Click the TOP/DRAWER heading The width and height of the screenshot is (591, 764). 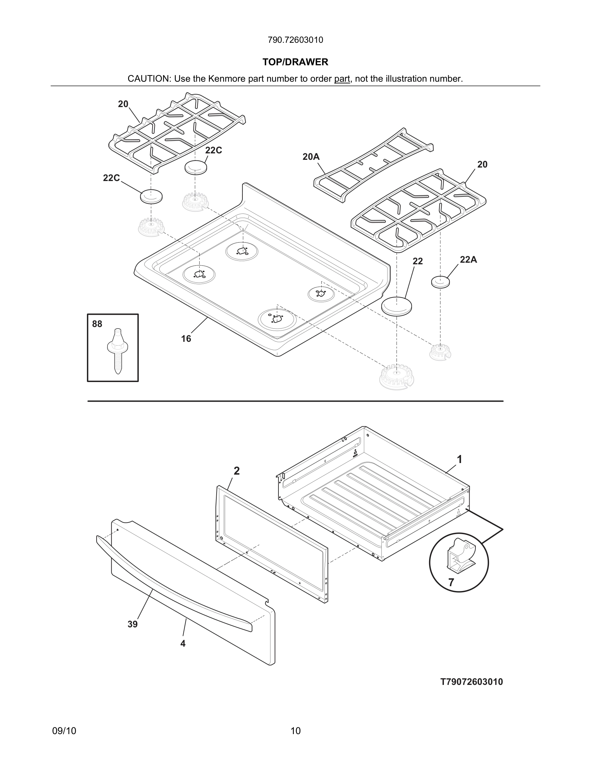click(x=295, y=62)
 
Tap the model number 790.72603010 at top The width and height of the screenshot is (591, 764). click(x=295, y=40)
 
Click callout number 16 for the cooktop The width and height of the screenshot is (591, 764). click(x=186, y=339)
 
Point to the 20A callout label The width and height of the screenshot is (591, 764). click(x=311, y=157)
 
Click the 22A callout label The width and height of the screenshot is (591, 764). click(x=468, y=259)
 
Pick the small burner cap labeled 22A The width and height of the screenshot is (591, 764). click(x=440, y=282)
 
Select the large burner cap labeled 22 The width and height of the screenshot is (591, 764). click(x=396, y=306)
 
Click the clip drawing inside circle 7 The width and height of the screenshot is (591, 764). click(x=460, y=553)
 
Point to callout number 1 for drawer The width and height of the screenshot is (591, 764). click(x=459, y=459)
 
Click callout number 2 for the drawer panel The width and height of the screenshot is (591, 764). click(x=237, y=471)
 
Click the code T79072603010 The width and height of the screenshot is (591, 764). click(x=471, y=682)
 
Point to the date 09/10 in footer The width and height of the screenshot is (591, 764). click(x=64, y=731)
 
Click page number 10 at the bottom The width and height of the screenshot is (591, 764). click(x=295, y=731)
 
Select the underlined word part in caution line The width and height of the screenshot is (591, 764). click(x=342, y=79)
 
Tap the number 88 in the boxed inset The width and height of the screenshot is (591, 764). click(x=97, y=324)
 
